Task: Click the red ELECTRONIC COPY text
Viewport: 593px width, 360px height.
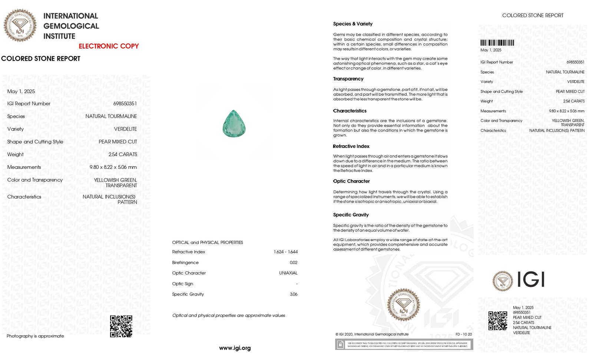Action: (109, 46)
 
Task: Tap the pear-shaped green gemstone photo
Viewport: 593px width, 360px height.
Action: (234, 124)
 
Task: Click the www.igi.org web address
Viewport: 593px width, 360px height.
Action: (235, 348)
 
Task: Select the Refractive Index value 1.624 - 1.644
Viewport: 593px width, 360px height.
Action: (285, 252)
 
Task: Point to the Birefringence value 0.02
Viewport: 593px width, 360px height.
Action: (293, 262)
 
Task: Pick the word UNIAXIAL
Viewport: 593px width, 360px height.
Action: (288, 273)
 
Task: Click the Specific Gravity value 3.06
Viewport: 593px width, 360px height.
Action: (293, 294)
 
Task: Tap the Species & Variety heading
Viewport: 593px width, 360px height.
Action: (352, 24)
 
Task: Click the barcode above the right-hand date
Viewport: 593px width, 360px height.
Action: (497, 43)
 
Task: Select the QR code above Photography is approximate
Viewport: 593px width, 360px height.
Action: (121, 326)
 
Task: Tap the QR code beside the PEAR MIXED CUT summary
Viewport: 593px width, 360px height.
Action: (497, 321)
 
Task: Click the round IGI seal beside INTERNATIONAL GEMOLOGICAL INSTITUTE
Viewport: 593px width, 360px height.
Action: (20, 26)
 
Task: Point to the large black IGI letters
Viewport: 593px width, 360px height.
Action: (530, 280)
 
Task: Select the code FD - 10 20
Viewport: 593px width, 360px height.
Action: (464, 334)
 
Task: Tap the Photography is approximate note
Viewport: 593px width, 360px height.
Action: (35, 336)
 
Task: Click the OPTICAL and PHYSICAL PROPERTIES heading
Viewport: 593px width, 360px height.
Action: (207, 242)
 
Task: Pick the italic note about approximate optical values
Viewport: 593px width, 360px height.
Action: (228, 316)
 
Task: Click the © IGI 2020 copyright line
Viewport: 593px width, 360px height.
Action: (372, 334)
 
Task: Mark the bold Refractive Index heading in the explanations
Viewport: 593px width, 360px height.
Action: (351, 146)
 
